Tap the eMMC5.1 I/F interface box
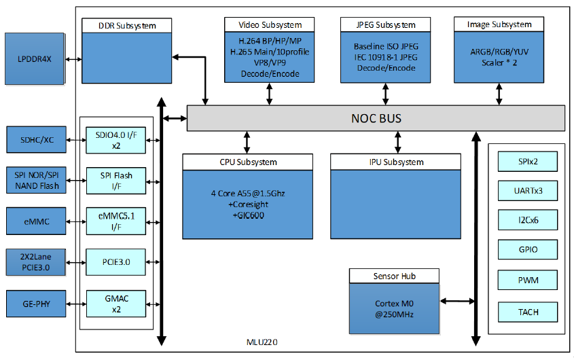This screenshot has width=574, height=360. tap(115, 220)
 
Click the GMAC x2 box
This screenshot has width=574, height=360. tap(115, 303)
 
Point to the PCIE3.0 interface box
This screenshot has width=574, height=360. tap(115, 262)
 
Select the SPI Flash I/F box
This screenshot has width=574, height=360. tap(115, 180)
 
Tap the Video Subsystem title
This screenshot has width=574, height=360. tap(270, 25)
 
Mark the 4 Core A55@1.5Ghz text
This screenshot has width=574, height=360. tap(247, 194)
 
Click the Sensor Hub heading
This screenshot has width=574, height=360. tap(395, 276)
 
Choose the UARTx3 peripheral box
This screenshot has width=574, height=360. tap(527, 191)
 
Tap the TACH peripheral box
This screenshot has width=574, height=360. tap(527, 312)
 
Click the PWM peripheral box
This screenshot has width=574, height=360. tap(527, 279)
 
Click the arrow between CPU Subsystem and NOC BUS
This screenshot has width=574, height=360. tap(247, 143)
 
